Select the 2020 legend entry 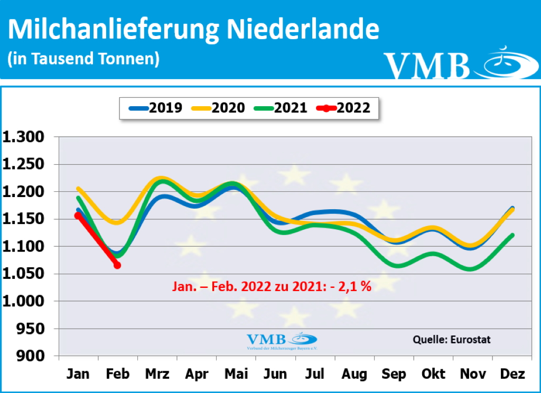(x=218, y=108)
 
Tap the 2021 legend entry (x=281, y=108)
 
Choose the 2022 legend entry (x=343, y=108)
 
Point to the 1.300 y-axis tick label (x=24, y=137)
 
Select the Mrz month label (x=157, y=375)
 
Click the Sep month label (x=394, y=375)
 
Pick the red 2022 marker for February (x=117, y=265)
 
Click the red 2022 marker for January (x=78, y=216)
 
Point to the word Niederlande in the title (x=303, y=30)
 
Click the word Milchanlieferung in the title (x=114, y=30)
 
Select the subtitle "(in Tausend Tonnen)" (x=83, y=59)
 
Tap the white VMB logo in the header (x=454, y=63)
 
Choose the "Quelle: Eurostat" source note (x=452, y=339)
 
